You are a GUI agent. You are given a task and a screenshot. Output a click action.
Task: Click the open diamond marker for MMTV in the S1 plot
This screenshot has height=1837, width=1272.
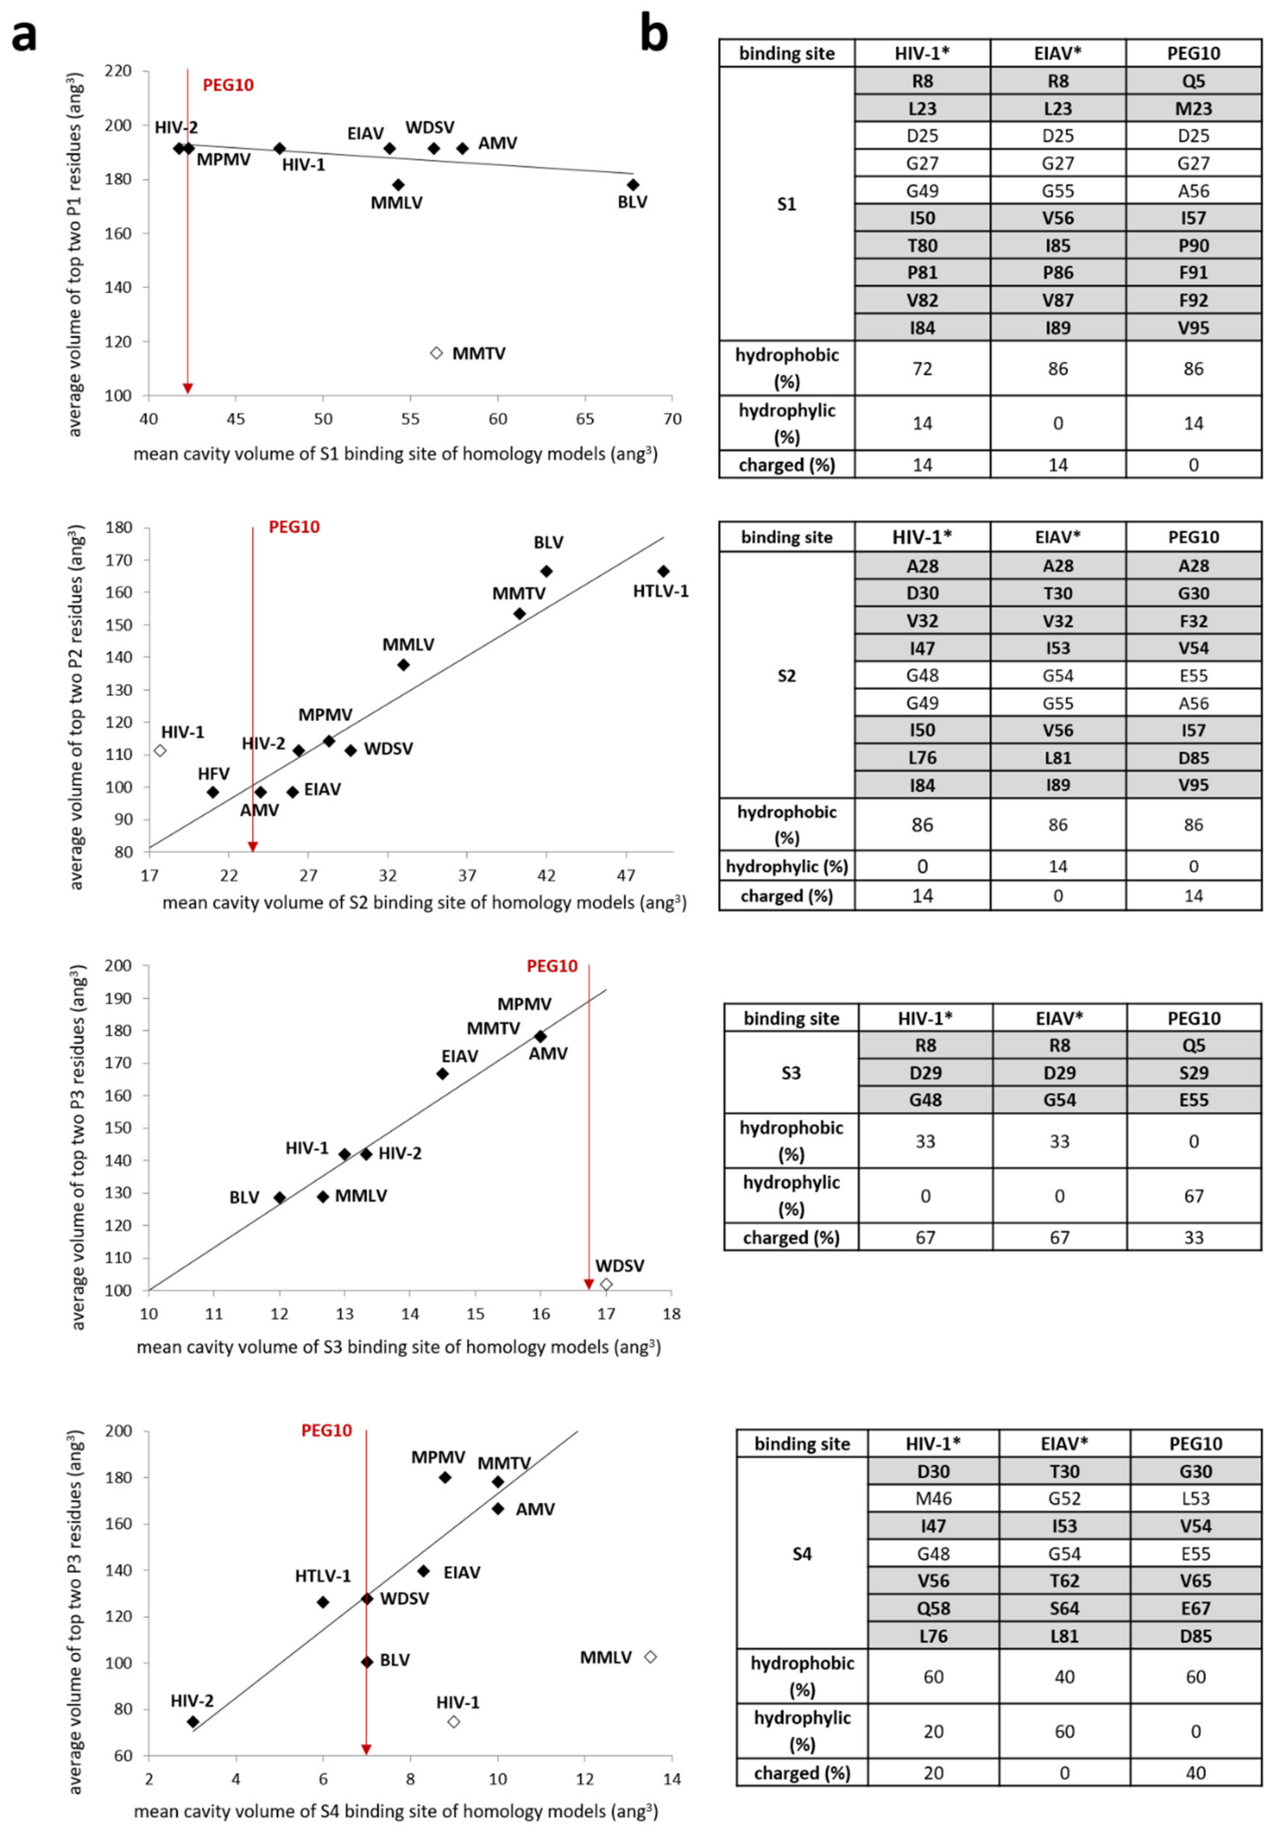point(436,353)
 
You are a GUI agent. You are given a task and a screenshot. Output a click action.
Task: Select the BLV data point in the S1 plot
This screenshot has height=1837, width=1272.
point(633,185)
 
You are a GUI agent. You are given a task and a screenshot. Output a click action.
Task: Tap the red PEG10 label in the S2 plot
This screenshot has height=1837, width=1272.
point(294,527)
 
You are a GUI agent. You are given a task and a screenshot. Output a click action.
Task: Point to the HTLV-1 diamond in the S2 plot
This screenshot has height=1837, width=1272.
point(663,571)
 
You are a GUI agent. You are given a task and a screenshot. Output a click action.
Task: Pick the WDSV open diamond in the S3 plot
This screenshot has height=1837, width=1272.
point(606,1285)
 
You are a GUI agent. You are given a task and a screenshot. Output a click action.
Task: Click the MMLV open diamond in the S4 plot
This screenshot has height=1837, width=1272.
point(650,1657)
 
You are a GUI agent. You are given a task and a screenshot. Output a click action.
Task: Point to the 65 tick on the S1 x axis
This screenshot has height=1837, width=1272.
point(585,419)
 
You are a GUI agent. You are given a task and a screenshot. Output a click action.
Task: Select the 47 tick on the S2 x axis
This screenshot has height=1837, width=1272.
point(627,875)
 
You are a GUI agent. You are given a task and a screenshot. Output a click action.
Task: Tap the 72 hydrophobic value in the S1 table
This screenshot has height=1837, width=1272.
point(922,368)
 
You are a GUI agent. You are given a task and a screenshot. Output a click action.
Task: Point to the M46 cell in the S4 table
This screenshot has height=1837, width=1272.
point(933,1498)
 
